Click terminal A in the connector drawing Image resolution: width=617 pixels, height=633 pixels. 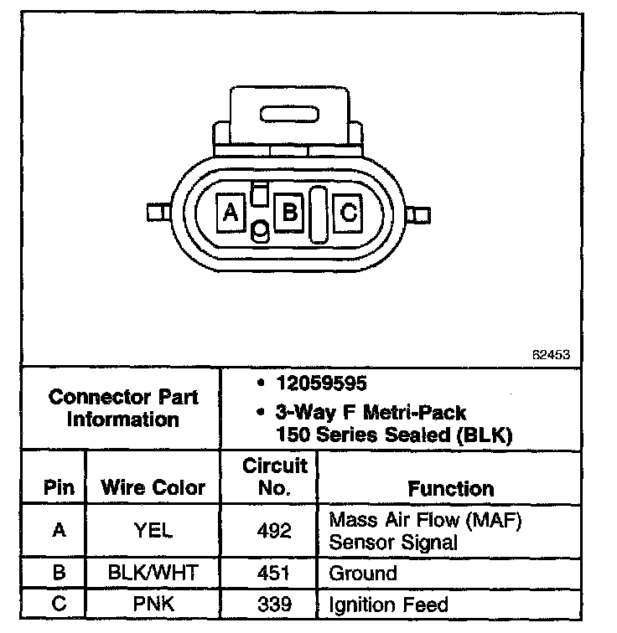pyautogui.click(x=230, y=212)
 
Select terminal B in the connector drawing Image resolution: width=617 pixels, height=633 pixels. pyautogui.click(x=288, y=212)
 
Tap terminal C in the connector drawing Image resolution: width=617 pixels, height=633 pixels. pyautogui.click(x=347, y=212)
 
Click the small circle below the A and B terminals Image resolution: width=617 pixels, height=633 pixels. pyautogui.click(x=260, y=229)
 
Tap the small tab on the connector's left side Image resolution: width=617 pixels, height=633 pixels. pyautogui.click(x=155, y=212)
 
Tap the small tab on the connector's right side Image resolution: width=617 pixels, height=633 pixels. pyautogui.click(x=422, y=214)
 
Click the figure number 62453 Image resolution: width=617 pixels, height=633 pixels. pyautogui.click(x=551, y=354)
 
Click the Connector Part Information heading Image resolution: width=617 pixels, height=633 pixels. pyautogui.click(x=123, y=407)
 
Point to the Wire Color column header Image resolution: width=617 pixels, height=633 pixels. pyautogui.click(x=153, y=487)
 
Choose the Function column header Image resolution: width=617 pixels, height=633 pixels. pyautogui.click(x=450, y=488)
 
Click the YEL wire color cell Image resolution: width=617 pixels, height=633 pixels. pyautogui.click(x=153, y=531)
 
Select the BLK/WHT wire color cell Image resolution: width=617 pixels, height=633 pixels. pyautogui.click(x=153, y=574)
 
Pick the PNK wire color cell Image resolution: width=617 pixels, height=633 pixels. pyautogui.click(x=153, y=604)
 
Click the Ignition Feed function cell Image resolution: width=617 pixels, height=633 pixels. pyautogui.click(x=388, y=604)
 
